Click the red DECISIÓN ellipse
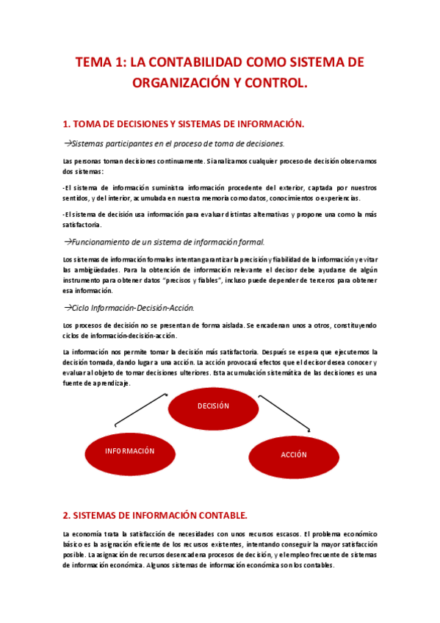coord(213,406)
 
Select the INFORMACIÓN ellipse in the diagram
coord(129,450)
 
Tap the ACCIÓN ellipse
coord(293,455)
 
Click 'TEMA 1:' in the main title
coord(100,63)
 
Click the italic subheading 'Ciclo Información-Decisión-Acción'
coord(133,308)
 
